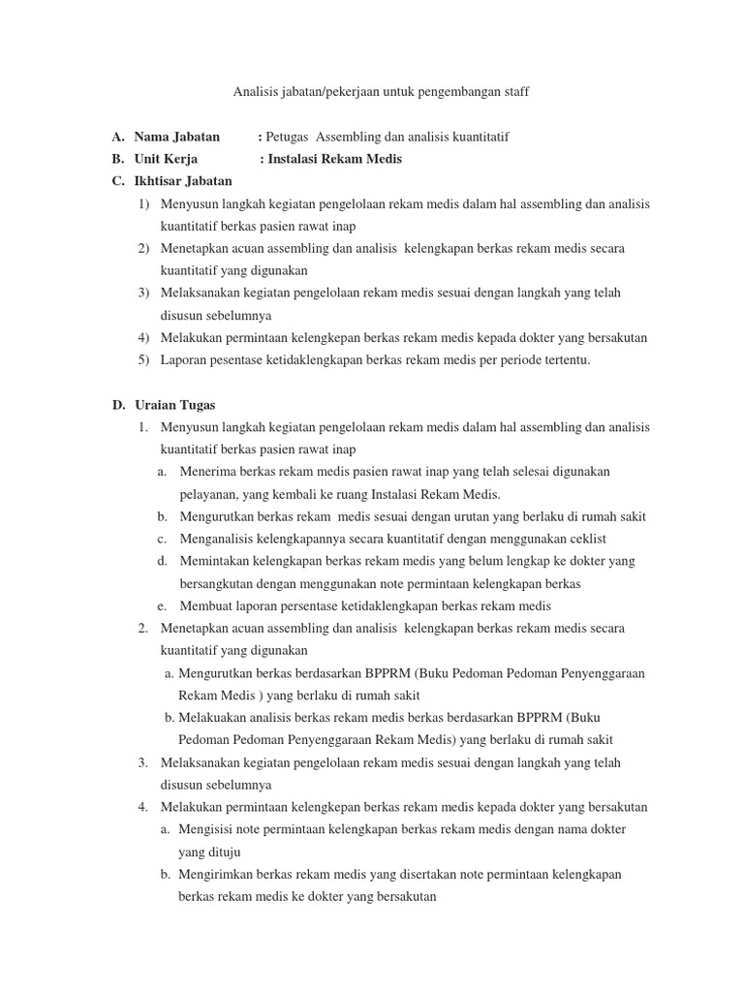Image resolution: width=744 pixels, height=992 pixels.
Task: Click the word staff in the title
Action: [514, 92]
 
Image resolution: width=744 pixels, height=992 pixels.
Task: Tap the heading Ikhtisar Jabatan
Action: [183, 181]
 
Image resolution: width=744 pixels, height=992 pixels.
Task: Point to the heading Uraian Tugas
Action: [174, 405]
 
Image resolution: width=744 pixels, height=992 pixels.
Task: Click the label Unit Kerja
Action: [166, 159]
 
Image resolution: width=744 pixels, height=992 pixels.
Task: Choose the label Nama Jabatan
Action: [176, 137]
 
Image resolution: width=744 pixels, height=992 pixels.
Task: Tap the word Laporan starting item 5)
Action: [184, 360]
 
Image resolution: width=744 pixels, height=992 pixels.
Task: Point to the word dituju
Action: [223, 852]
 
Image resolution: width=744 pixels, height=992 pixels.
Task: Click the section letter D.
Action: [117, 405]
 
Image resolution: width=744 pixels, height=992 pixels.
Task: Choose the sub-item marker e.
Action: [161, 605]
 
